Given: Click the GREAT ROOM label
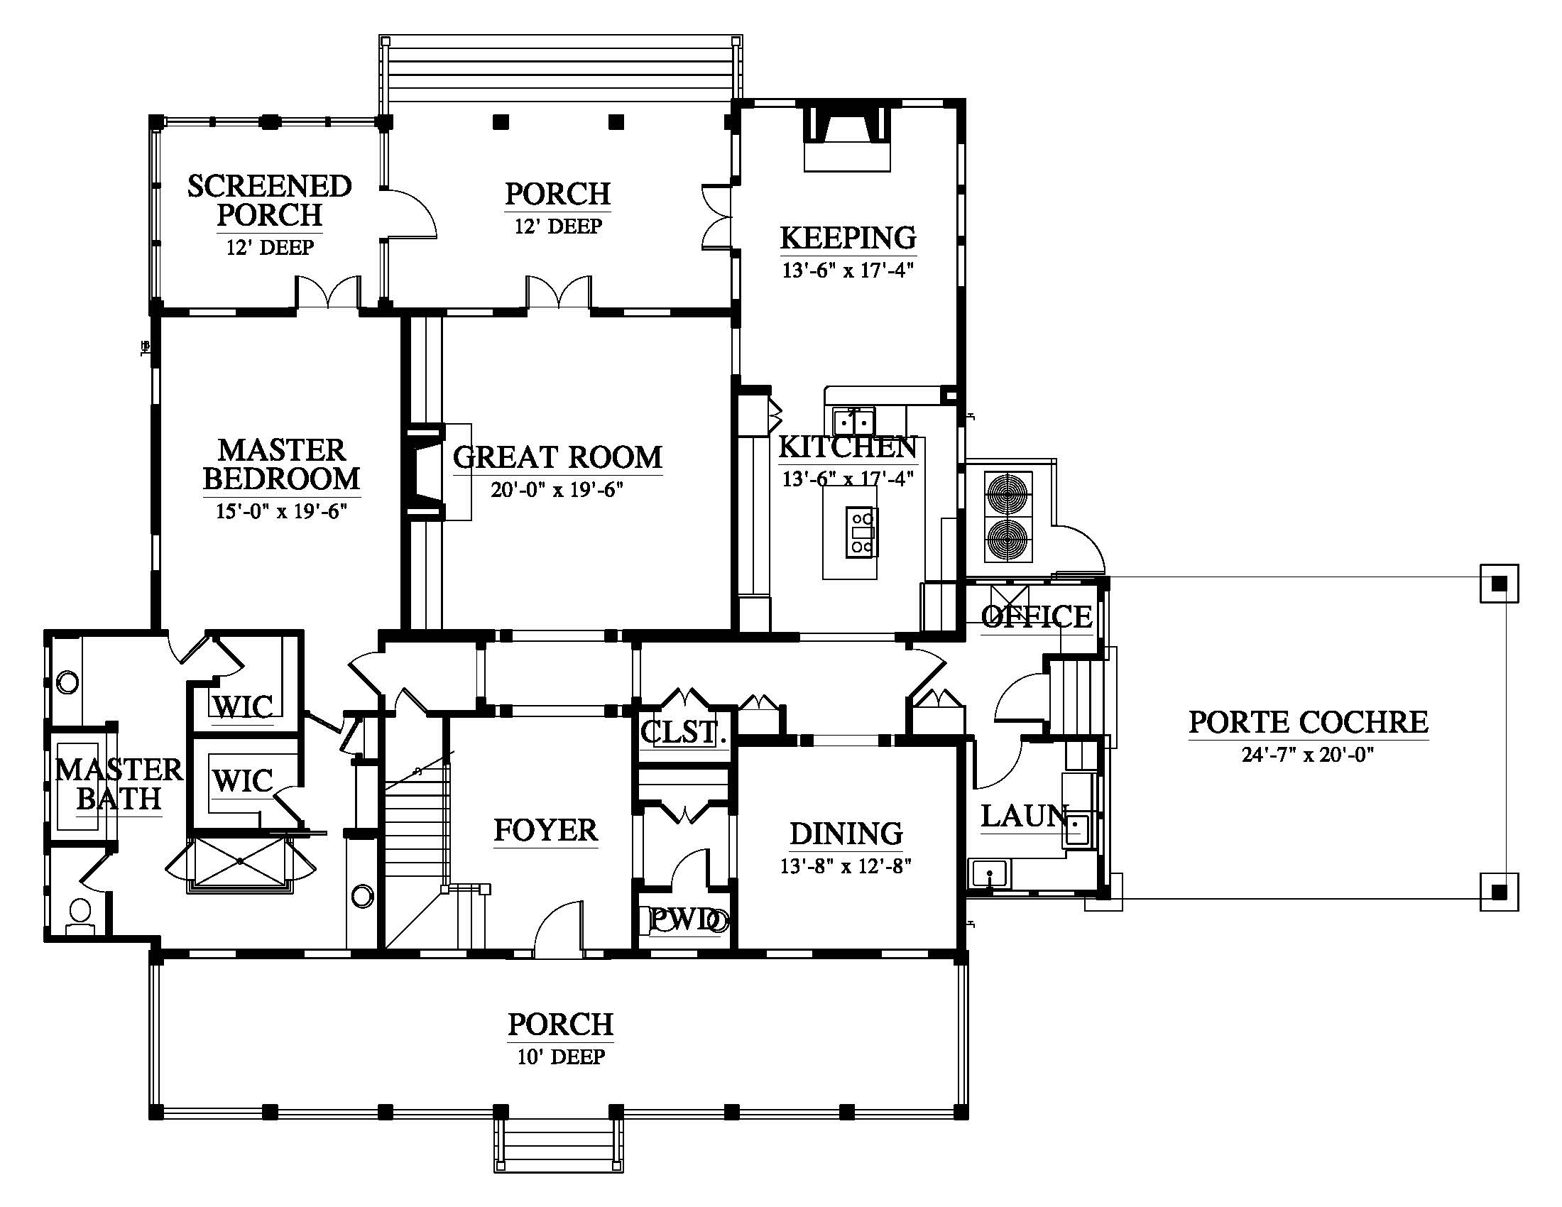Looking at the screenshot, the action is (x=558, y=458).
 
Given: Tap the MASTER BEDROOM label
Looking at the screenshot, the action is (x=282, y=465).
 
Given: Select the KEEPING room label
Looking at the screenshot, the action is (x=848, y=237).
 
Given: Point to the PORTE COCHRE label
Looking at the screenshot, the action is (x=1309, y=722).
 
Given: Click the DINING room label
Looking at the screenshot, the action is (x=846, y=834).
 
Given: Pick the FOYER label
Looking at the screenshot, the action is (x=546, y=830).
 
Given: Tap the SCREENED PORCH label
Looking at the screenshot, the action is (x=270, y=200).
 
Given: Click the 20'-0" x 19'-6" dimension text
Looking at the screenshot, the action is (x=558, y=490).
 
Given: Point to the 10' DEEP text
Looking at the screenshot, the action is (x=562, y=1056).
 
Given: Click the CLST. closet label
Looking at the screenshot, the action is (x=679, y=732).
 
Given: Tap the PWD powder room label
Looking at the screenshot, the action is (x=684, y=919).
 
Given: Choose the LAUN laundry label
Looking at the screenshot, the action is (x=1024, y=816).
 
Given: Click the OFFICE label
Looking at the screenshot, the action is (x=1037, y=616).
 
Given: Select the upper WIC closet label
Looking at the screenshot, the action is (x=243, y=707).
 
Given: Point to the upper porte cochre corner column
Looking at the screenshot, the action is (x=1499, y=584).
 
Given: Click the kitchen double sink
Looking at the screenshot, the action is (x=854, y=418).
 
